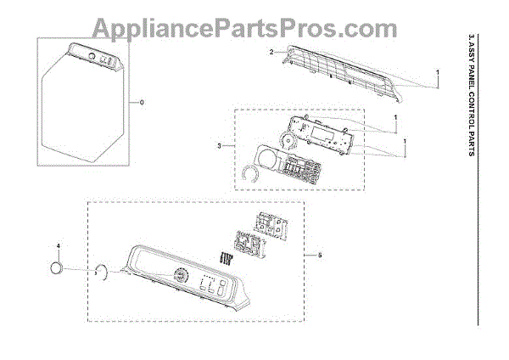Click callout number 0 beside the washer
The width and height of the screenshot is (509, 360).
click(142, 103)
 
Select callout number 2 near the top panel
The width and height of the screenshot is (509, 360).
click(271, 53)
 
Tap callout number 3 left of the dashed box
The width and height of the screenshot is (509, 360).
click(220, 146)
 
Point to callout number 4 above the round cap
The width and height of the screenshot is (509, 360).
click(59, 245)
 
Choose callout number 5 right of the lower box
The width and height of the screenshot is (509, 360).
click(319, 255)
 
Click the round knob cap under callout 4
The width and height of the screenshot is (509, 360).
click(58, 269)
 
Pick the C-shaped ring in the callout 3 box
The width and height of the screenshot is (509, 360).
click(249, 174)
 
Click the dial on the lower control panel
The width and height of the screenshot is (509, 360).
click(180, 278)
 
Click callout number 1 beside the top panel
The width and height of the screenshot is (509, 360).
click(438, 73)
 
